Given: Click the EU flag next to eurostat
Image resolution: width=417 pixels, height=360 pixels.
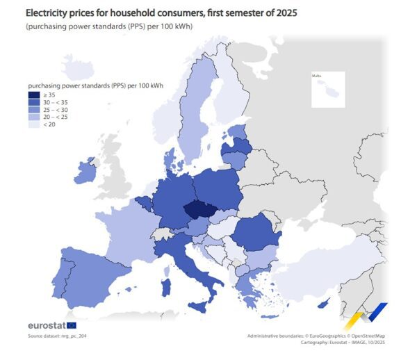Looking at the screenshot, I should tap(72, 325).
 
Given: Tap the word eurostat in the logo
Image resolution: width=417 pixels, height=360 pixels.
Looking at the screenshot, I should tap(46, 325).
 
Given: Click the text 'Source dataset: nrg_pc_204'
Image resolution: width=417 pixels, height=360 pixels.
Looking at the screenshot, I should tap(58, 336).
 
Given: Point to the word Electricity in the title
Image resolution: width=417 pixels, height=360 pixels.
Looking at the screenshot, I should tap(47, 12).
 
